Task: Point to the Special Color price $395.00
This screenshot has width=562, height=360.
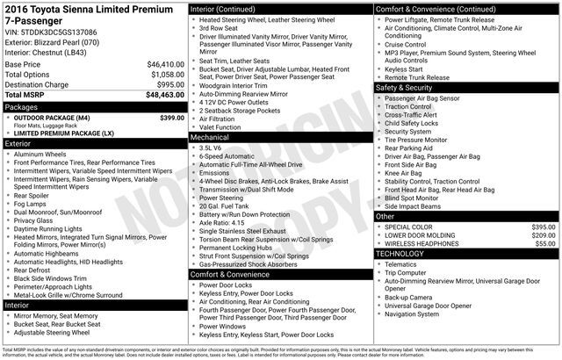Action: point(544,227)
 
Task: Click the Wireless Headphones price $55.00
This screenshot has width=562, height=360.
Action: point(546,244)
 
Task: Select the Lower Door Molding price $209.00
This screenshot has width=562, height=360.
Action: point(544,235)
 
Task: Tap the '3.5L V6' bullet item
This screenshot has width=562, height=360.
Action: point(211,148)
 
